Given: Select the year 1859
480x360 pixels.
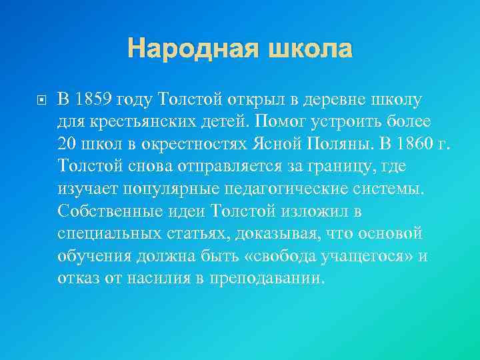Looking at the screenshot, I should click(x=94, y=100).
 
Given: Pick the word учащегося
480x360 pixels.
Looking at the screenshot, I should click(x=347, y=255).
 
